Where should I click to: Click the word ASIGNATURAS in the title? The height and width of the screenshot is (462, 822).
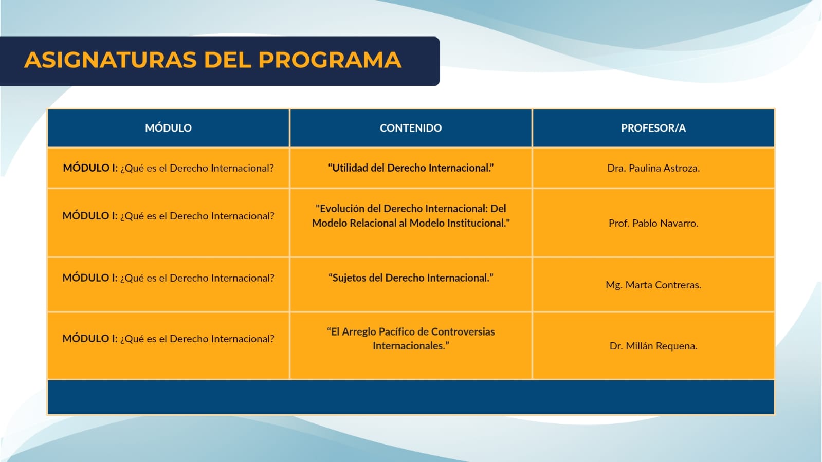coord(110,60)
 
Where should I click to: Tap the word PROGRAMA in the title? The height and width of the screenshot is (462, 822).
coord(330,60)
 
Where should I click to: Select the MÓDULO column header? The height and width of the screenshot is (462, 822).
coord(168,127)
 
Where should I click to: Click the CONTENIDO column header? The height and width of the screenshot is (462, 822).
coord(411,127)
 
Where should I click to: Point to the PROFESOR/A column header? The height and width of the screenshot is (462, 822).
coord(653,127)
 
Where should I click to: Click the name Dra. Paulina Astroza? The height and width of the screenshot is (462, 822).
coord(653,168)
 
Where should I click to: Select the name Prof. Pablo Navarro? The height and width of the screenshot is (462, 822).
coord(653,223)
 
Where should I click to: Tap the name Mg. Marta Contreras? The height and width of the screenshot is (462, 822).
coord(653,285)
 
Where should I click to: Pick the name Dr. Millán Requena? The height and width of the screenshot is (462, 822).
coord(653,346)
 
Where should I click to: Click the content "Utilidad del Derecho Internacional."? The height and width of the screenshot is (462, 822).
coord(411,168)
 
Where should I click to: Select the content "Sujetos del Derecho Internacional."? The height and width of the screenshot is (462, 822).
coord(411,278)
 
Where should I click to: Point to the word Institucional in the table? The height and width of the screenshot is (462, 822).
coord(477,223)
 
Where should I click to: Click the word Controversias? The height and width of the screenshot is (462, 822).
coord(463,332)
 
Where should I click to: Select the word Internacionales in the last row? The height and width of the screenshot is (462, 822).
coord(409,346)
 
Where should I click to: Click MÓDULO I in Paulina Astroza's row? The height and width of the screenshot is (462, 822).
coord(90,168)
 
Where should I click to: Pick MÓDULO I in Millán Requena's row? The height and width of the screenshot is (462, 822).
coord(90,339)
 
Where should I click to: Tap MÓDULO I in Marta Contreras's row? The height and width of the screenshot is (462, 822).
coord(90,278)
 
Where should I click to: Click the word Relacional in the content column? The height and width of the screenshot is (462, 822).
coord(373,223)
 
